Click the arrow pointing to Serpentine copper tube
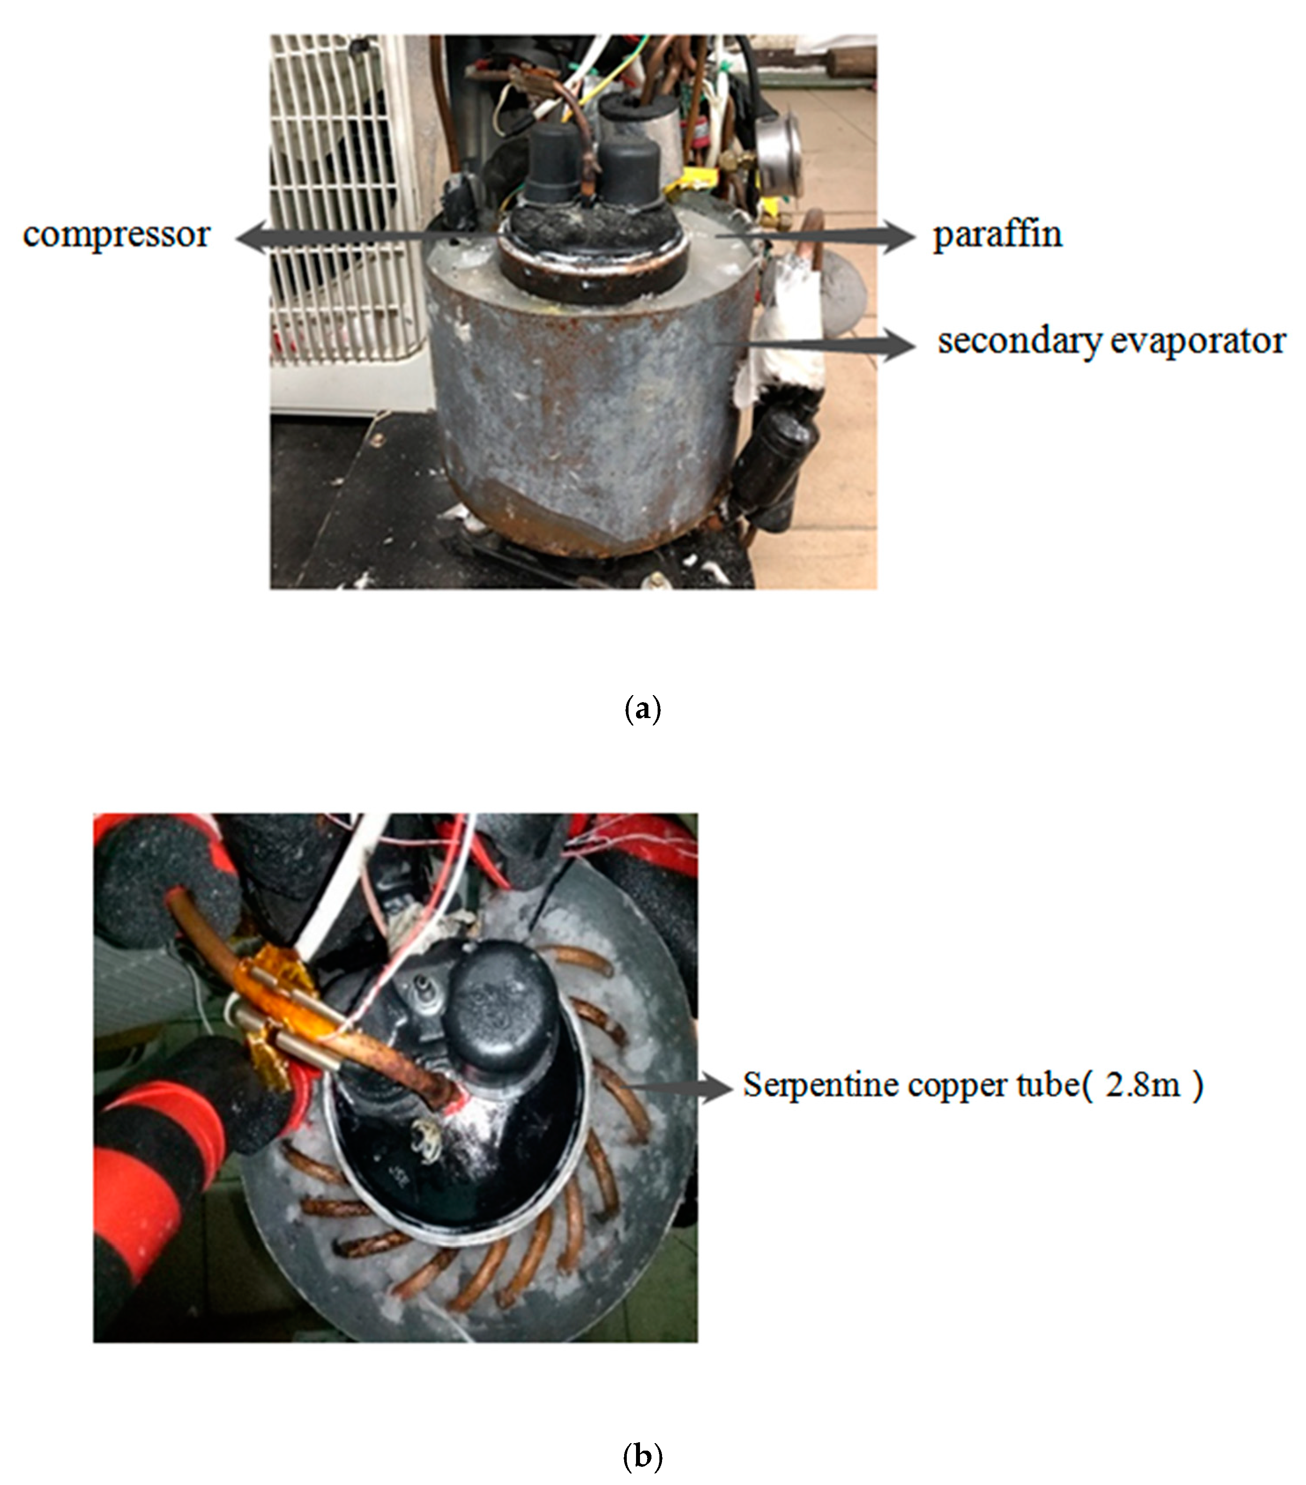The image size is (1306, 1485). (679, 1087)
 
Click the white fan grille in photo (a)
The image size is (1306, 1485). (342, 211)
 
